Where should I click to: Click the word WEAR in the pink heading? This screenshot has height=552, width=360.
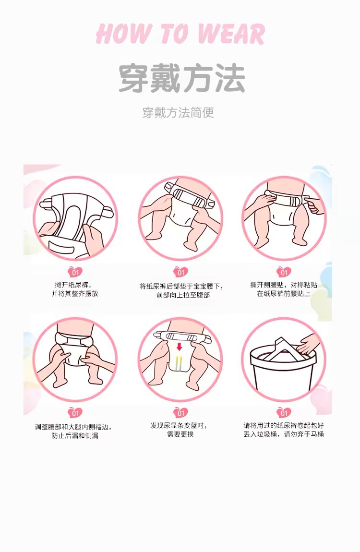point(231,34)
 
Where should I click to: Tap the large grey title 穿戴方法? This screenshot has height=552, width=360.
point(181,78)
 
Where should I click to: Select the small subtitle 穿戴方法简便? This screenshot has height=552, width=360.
point(178,113)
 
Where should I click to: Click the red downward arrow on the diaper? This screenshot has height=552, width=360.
point(180,347)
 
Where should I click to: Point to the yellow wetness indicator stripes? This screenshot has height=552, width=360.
point(179,363)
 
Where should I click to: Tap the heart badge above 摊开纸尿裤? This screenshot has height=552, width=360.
point(75,272)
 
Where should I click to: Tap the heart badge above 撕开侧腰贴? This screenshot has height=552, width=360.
point(284,272)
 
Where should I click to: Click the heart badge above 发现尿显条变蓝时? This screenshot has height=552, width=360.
point(180,413)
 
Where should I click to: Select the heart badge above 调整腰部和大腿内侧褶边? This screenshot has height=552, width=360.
point(75,413)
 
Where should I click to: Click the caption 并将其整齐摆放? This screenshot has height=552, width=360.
point(75,294)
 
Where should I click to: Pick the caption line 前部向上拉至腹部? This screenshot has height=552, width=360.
point(183,295)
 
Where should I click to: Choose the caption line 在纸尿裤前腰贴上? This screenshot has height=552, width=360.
point(284,294)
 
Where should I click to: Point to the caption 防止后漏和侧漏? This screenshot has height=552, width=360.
point(75,436)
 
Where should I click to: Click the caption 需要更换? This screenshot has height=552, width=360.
point(180,434)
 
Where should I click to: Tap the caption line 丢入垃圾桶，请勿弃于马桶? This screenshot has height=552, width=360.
point(284,434)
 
